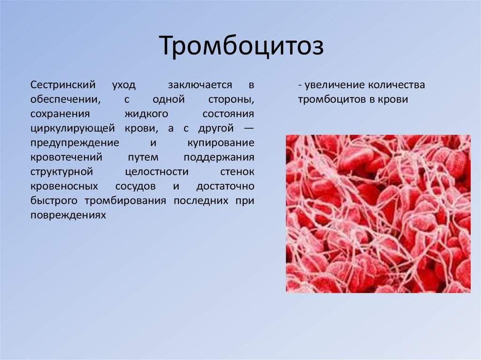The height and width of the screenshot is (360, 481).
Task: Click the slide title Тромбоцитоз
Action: [x=241, y=46]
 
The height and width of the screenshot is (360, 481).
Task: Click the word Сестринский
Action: [x=63, y=84]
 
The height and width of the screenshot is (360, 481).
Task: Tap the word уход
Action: [x=124, y=85]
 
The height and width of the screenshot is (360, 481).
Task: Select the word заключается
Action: [x=200, y=84]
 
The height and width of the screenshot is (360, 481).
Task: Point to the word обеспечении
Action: [x=65, y=100]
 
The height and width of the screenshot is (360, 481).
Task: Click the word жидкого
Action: [x=147, y=114]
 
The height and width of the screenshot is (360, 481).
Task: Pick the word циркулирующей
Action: [x=73, y=128]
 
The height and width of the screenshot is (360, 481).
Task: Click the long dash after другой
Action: [x=249, y=128]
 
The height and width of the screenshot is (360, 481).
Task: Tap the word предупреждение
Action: [x=75, y=143]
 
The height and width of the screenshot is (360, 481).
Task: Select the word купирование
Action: [x=221, y=143]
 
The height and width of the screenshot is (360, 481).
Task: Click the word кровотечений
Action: [x=66, y=157]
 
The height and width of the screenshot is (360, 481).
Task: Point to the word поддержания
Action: [x=219, y=157]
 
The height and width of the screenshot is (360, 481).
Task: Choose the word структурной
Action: [x=62, y=172]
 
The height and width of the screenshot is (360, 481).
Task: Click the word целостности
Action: [x=157, y=172]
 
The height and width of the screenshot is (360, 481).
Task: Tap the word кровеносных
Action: [x=64, y=186]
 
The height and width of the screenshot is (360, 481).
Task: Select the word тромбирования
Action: [x=125, y=201]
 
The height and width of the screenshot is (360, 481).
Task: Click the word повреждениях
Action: [x=68, y=215]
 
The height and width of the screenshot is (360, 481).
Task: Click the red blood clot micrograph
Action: [x=378, y=214]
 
